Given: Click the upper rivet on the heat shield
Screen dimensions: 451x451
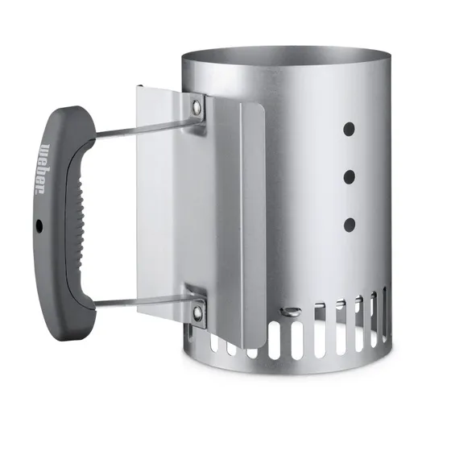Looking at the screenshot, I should tap(196, 105).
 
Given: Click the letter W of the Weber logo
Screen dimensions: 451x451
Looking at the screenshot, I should tap(41, 151).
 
